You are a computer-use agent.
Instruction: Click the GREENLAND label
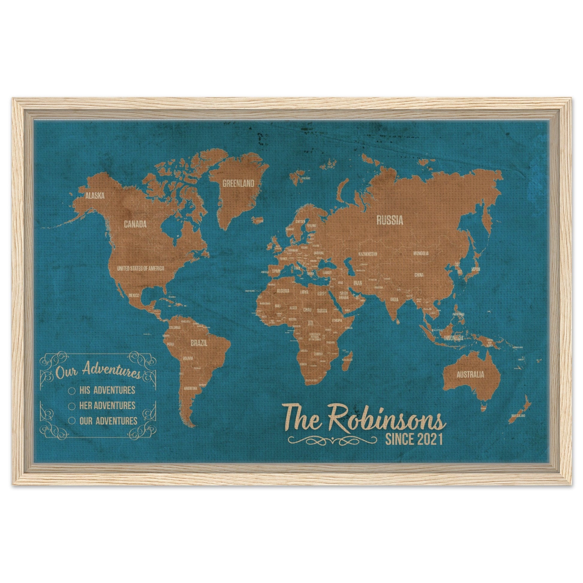point(238,183)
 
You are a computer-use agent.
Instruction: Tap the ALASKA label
point(95,196)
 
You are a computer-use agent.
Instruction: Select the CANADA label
point(135,224)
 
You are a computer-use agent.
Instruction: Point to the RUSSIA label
point(389,220)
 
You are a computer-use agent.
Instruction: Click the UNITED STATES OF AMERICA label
point(140,268)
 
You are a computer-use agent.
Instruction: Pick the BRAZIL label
point(199,343)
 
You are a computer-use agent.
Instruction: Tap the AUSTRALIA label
point(470,375)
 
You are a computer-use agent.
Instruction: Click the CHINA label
point(419,275)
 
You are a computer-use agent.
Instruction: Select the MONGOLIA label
point(421,253)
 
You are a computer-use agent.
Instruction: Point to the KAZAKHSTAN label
point(368,254)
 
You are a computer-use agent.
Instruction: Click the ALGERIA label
point(283,291)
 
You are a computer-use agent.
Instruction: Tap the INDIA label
point(394,300)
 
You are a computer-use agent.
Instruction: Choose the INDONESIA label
point(453,338)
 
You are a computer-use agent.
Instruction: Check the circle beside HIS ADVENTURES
point(72,390)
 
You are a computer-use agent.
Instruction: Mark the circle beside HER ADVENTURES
point(72,406)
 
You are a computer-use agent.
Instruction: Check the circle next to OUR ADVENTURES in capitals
point(72,421)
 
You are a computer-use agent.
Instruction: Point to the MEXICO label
point(134,295)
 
